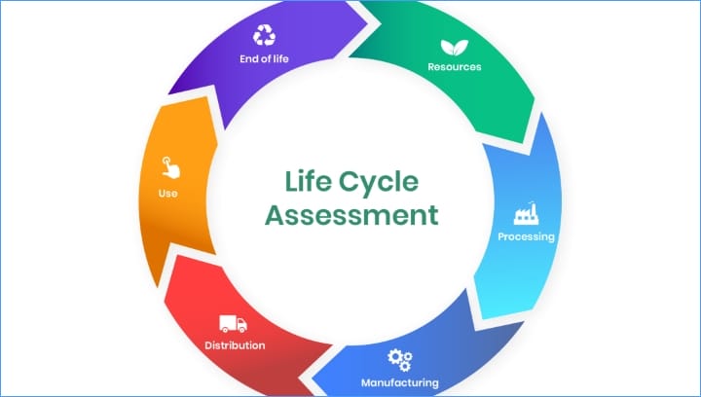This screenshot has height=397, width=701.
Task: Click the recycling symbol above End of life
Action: tap(264, 35)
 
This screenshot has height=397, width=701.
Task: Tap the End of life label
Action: tap(264, 58)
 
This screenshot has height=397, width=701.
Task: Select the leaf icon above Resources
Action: tap(455, 48)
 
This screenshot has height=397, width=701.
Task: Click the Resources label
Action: tap(455, 67)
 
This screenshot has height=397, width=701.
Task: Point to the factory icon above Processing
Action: tap(526, 213)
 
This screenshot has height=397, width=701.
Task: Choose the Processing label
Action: tap(526, 236)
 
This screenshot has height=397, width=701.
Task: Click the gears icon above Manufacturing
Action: tap(400, 360)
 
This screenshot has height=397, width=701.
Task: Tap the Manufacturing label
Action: tap(400, 382)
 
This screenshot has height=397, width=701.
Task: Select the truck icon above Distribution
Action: tap(233, 324)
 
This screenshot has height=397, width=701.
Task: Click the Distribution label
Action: tap(235, 345)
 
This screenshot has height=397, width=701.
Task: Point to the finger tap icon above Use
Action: tap(170, 167)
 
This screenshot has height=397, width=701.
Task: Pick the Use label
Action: tap(168, 194)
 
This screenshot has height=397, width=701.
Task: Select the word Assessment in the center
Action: tap(351, 215)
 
